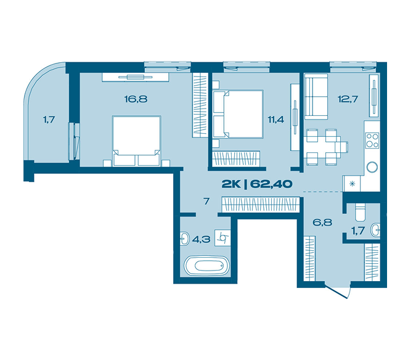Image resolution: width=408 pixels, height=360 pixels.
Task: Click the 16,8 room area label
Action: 136,99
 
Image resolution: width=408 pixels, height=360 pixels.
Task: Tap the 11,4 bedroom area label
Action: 276,120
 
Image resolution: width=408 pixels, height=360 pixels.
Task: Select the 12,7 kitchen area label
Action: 348,99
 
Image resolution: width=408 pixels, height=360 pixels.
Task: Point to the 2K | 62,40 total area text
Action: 257,184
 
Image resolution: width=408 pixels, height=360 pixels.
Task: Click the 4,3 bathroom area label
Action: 201,239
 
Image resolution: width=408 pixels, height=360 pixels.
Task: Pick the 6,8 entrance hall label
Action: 322,223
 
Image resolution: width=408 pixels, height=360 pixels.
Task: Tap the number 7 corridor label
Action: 206,201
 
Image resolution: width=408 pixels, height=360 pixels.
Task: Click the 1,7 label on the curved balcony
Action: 49,120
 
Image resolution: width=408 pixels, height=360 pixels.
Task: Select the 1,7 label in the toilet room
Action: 358,231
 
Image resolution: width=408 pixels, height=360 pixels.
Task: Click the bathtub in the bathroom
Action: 207,266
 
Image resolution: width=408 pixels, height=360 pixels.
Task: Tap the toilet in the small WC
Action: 361,212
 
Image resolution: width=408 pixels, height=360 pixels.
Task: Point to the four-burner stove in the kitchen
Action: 372,141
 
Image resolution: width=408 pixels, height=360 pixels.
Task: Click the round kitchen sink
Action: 372,167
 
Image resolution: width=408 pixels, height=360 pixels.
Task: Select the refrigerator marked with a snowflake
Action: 352,184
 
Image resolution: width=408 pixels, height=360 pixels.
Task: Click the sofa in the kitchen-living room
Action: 316,97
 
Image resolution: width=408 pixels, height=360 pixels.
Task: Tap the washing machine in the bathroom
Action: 222,238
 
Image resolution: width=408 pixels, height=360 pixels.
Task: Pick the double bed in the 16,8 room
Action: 136,141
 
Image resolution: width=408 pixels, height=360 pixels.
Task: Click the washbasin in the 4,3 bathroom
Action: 185,238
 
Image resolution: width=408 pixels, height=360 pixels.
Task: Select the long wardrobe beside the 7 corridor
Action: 260,205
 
